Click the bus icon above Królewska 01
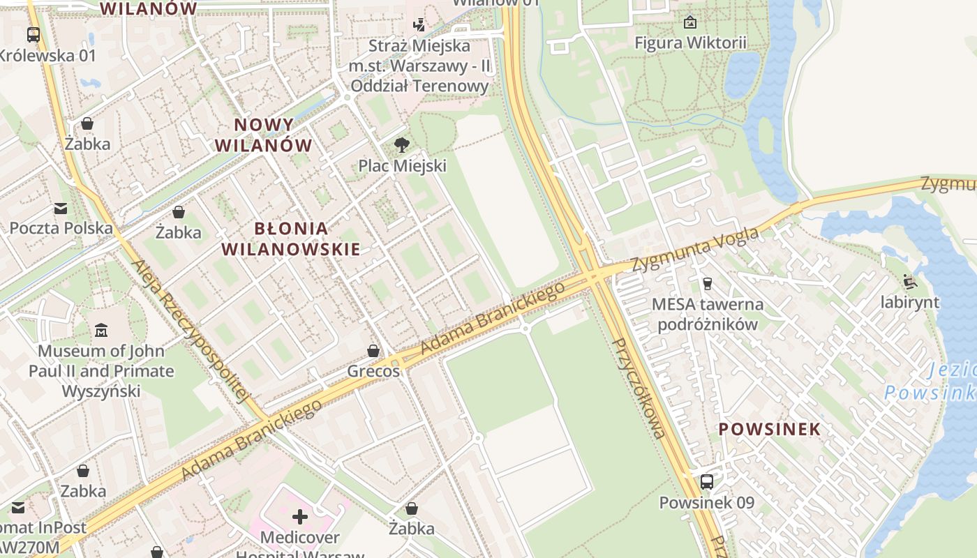33,34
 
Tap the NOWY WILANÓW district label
264,135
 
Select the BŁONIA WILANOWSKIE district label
291,239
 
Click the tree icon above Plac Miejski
401,145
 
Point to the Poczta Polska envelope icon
61,208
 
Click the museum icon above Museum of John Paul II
101,329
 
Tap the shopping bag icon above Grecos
373,350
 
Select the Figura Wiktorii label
689,43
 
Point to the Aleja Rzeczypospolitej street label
190,331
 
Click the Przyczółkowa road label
639,389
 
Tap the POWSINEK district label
769,429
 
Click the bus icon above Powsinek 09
706,481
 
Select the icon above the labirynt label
910,281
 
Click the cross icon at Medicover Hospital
299,517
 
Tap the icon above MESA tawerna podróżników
707,283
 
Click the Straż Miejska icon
419,25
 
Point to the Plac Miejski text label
402,166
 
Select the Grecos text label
373,371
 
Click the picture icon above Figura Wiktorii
689,22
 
